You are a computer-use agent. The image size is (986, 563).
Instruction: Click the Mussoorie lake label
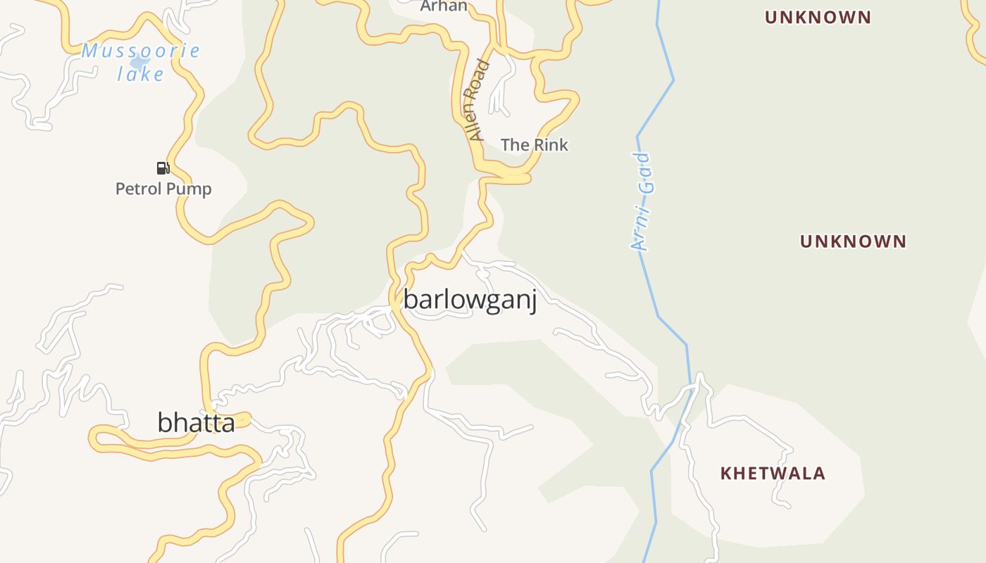[x=141, y=62]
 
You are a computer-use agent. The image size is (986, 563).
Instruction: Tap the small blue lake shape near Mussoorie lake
[x=139, y=63]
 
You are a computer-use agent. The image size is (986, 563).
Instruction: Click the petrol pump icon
[x=163, y=167]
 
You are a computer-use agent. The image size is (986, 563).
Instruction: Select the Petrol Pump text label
[x=163, y=189]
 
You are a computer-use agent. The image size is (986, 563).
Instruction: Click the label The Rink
[x=534, y=145]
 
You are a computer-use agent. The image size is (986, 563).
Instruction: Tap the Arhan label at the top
[x=444, y=6]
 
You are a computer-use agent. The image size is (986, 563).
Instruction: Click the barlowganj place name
[x=470, y=300]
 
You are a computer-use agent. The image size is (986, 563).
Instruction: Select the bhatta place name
[x=196, y=423]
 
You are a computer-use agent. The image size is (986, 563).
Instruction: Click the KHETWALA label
[x=773, y=474]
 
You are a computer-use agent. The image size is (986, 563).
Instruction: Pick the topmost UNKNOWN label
[x=818, y=17]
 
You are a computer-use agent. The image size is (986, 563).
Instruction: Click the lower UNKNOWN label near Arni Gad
[x=853, y=241]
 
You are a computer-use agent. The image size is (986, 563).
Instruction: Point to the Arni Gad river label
[x=643, y=202]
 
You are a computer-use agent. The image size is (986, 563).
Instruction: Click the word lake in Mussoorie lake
[x=141, y=73]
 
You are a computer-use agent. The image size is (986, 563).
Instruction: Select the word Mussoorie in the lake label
[x=141, y=51]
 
